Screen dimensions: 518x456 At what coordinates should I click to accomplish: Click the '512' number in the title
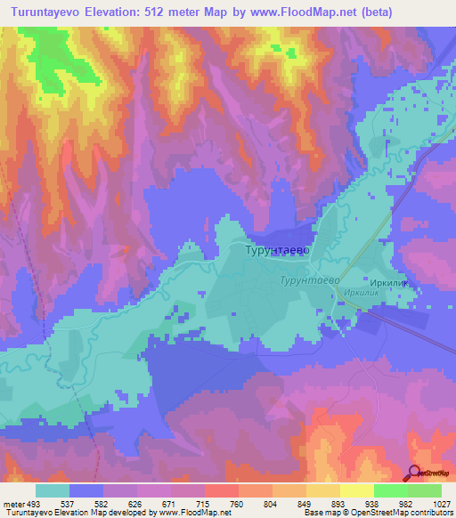(175, 12)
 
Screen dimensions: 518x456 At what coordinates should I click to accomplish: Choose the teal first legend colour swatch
(53, 490)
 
